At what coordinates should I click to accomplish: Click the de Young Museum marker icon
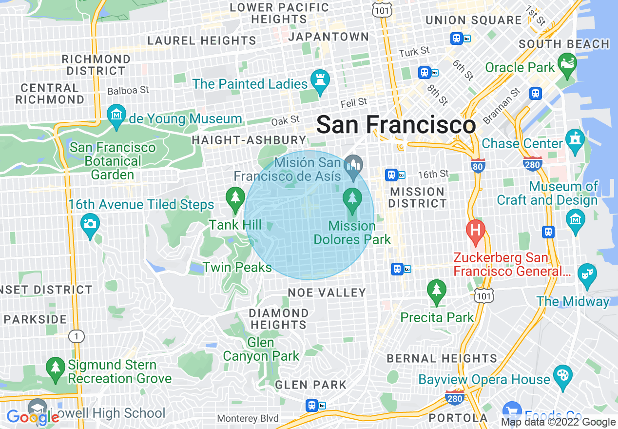[116, 116]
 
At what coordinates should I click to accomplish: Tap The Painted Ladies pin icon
[321, 81]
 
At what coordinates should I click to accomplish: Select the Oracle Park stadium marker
[567, 64]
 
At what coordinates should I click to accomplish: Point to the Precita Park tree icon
[437, 291]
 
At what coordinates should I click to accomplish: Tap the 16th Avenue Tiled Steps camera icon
[89, 224]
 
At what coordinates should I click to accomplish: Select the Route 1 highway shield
[76, 336]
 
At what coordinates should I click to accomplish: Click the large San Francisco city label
[396, 125]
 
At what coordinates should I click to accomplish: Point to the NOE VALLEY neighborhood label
[327, 292]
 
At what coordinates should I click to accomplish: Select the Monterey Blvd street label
[248, 418]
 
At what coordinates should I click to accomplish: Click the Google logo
[33, 417]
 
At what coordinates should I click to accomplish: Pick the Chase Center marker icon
[576, 138]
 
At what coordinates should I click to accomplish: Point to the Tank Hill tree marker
[235, 198]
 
